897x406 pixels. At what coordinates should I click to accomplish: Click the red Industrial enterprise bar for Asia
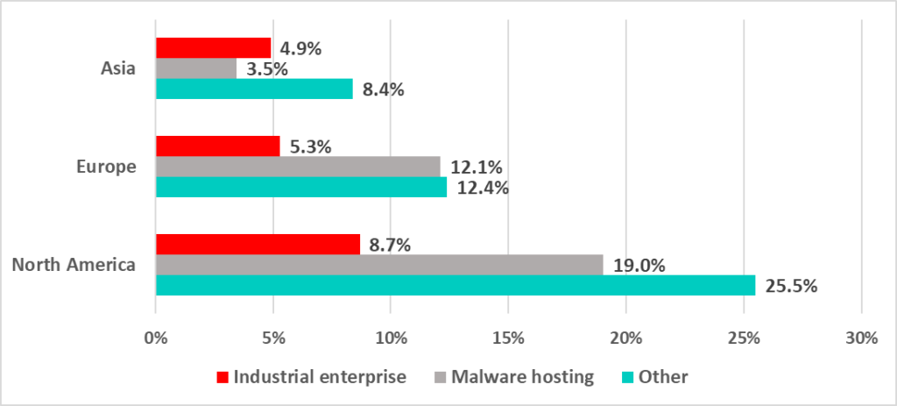(x=213, y=47)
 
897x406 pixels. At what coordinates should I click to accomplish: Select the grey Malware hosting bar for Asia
(x=195, y=68)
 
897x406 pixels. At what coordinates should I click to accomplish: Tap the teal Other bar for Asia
(x=254, y=89)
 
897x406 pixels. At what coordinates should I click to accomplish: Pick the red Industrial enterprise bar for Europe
(x=217, y=146)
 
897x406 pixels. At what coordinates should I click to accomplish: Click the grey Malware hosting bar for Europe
(x=298, y=167)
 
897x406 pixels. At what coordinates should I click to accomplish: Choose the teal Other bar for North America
(x=456, y=285)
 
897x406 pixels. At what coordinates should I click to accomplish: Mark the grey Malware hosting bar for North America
(x=379, y=265)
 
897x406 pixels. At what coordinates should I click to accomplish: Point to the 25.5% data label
(x=790, y=286)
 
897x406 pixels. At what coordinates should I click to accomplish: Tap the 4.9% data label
(x=300, y=48)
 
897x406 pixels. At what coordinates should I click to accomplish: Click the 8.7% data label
(x=389, y=244)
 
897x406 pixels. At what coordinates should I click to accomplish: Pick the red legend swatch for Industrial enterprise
(x=223, y=377)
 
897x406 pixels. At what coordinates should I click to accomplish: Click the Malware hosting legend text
(x=523, y=377)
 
